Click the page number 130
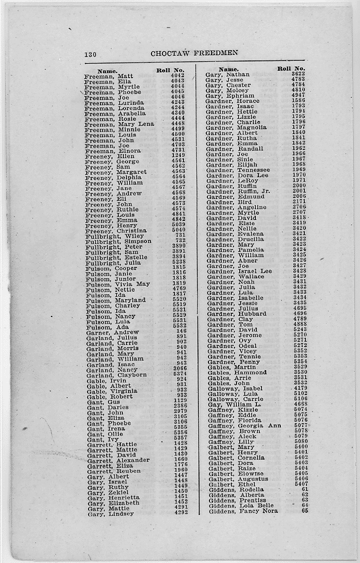(90, 54)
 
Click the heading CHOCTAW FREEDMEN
(194, 53)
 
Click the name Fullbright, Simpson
(118, 241)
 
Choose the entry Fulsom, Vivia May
(118, 284)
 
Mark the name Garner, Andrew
(113, 332)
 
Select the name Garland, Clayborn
(117, 375)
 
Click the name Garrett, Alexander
(118, 460)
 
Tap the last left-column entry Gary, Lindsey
(110, 513)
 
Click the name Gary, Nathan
(228, 75)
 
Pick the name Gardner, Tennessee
(238, 170)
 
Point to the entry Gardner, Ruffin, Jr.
(238, 191)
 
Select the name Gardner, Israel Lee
(239, 271)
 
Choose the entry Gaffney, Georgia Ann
(244, 426)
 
